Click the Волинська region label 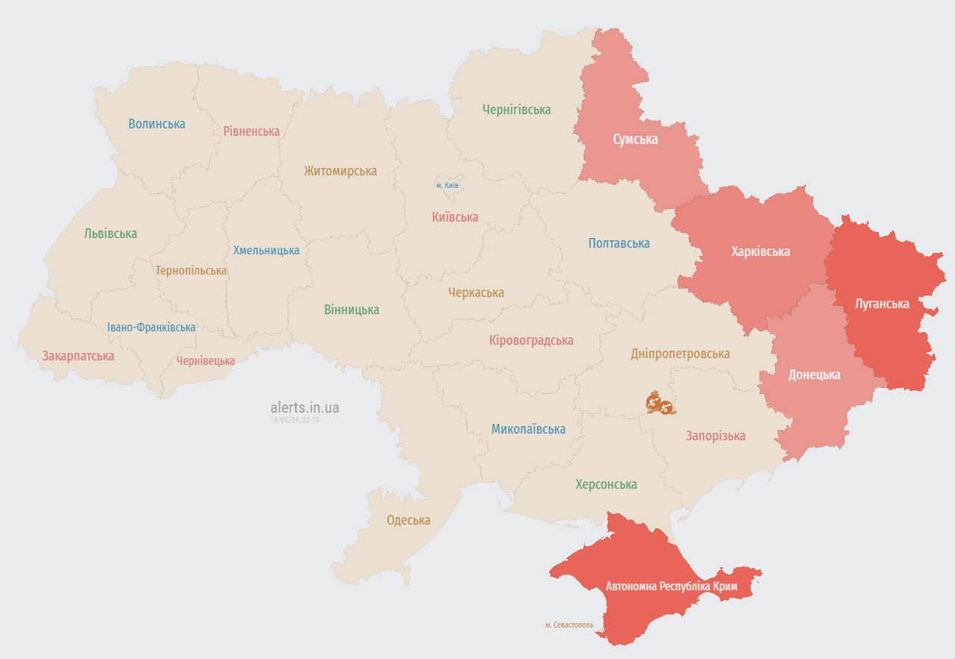point(157,124)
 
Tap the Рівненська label point(251,131)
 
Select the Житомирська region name point(340,171)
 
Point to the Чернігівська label point(516,110)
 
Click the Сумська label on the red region point(635,139)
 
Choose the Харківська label point(760,252)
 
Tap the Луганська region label point(882,304)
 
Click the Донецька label point(814,375)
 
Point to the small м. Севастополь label point(569,625)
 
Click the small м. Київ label point(447,185)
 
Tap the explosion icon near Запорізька point(660,403)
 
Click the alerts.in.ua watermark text point(304,407)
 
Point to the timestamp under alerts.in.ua point(295,420)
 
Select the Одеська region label point(408,521)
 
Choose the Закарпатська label point(78,356)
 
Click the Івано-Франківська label point(151,327)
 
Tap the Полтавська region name point(619,243)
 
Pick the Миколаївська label point(528,429)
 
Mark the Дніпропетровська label point(680,354)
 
